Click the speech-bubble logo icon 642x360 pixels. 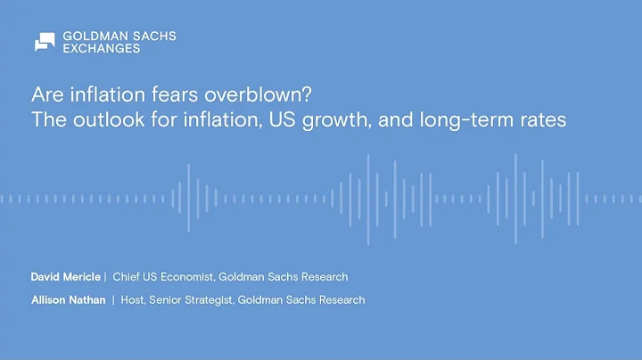45,42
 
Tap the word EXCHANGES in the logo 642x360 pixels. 102,49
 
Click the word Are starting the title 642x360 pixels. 46,94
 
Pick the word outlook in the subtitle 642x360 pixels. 104,119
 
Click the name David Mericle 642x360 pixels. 66,277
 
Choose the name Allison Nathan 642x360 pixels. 68,300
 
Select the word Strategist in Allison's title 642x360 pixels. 210,300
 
